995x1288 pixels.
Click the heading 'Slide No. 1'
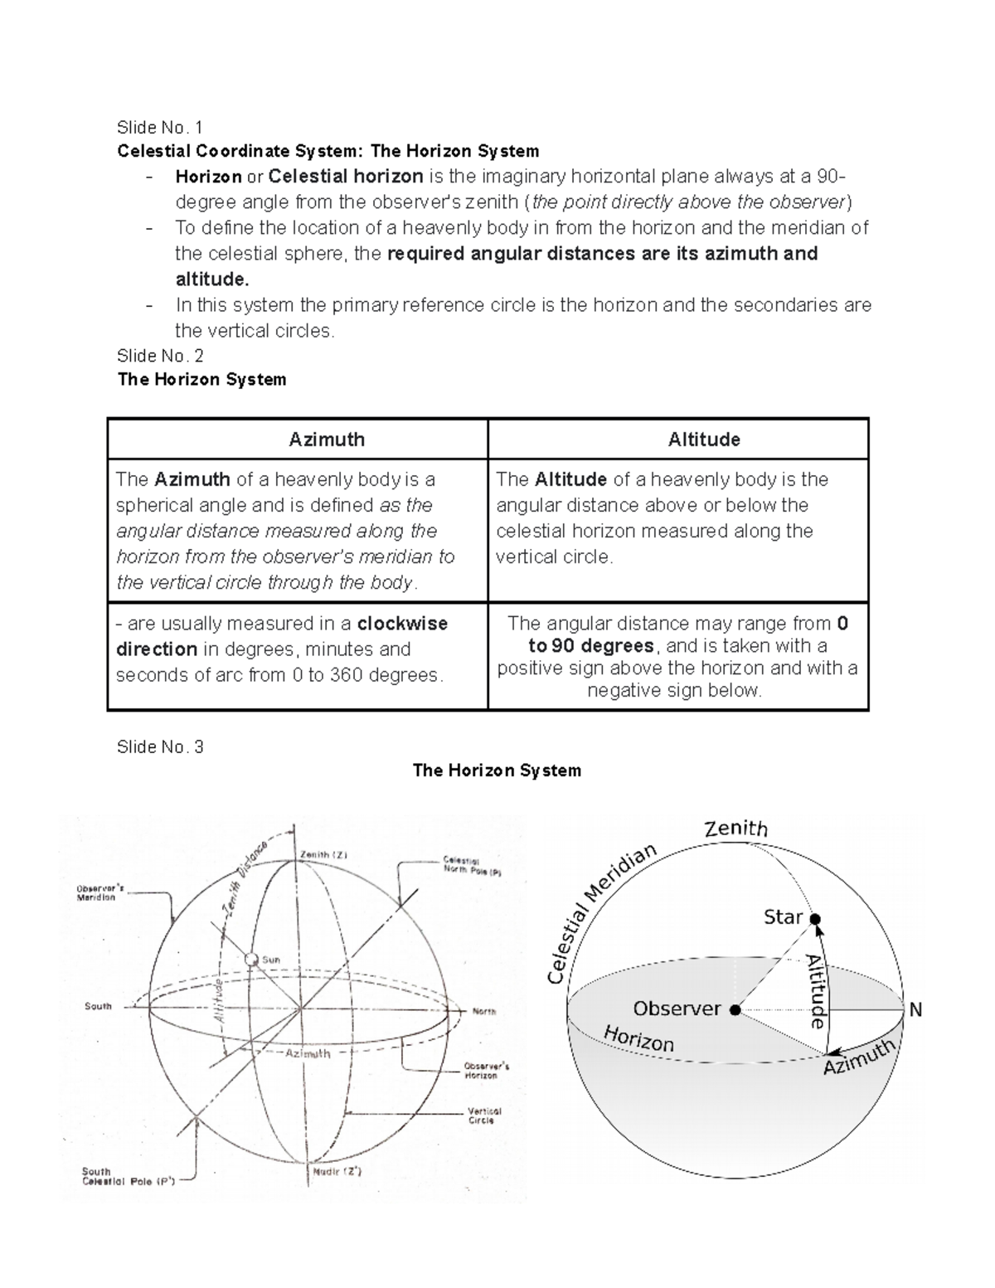pos(159,127)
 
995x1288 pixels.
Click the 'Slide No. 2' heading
pos(159,356)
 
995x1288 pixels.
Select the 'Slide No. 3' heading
pos(159,746)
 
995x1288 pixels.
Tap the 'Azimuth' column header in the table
pos(326,440)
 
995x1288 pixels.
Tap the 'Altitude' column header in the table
pos(703,440)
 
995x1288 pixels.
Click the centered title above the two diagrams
pos(497,770)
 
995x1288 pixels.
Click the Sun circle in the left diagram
pos(252,960)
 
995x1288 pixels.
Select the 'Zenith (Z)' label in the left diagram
pos(323,854)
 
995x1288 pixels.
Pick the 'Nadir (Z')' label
pos(336,1172)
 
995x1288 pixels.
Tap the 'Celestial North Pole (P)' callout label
pos(472,867)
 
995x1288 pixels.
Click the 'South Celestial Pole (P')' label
pos(128,1177)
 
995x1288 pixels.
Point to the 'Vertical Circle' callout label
pos(484,1115)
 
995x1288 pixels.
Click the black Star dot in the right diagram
pos(815,919)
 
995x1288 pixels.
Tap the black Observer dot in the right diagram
pos(735,1009)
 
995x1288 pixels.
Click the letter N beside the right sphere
pos(915,1010)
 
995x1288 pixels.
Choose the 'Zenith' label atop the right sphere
pos(735,829)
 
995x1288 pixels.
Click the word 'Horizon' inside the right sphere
pos(638,1038)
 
